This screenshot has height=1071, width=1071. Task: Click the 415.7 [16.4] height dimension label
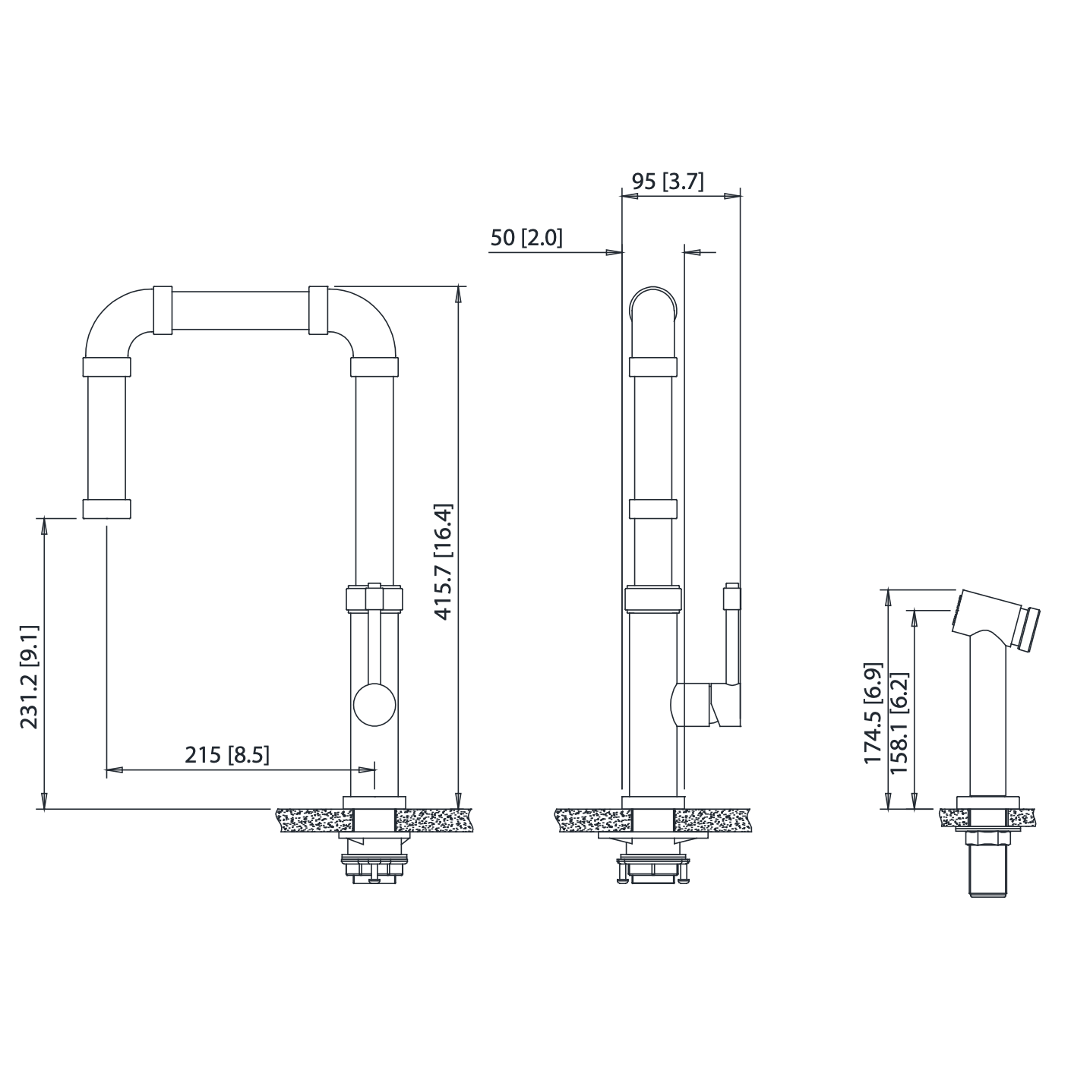(x=444, y=562)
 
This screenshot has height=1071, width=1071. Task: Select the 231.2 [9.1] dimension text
(x=30, y=678)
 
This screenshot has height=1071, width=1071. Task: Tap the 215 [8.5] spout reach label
(x=227, y=755)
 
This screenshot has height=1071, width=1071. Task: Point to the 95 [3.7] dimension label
(x=668, y=182)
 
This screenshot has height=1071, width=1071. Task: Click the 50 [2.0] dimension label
(x=526, y=238)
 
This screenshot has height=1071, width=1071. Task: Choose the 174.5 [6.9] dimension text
(x=873, y=714)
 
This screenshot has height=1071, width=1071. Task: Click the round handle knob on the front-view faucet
(x=374, y=704)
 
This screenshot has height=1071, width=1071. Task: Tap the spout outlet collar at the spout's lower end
(x=106, y=509)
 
